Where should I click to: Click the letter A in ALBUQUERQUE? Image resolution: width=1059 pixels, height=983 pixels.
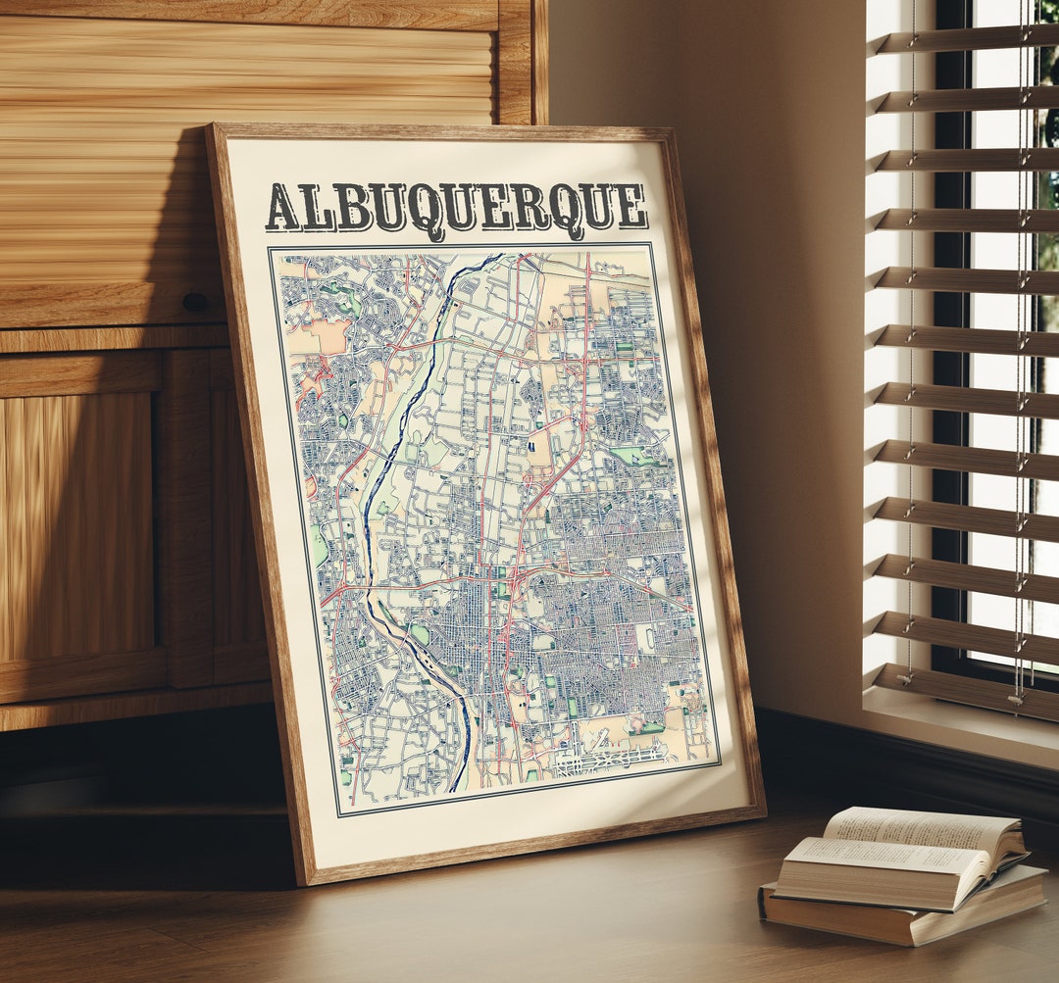(x=282, y=208)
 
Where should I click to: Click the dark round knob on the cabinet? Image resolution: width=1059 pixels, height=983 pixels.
(x=194, y=302)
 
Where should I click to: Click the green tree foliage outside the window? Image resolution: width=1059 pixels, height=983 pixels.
(x=1046, y=147)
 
